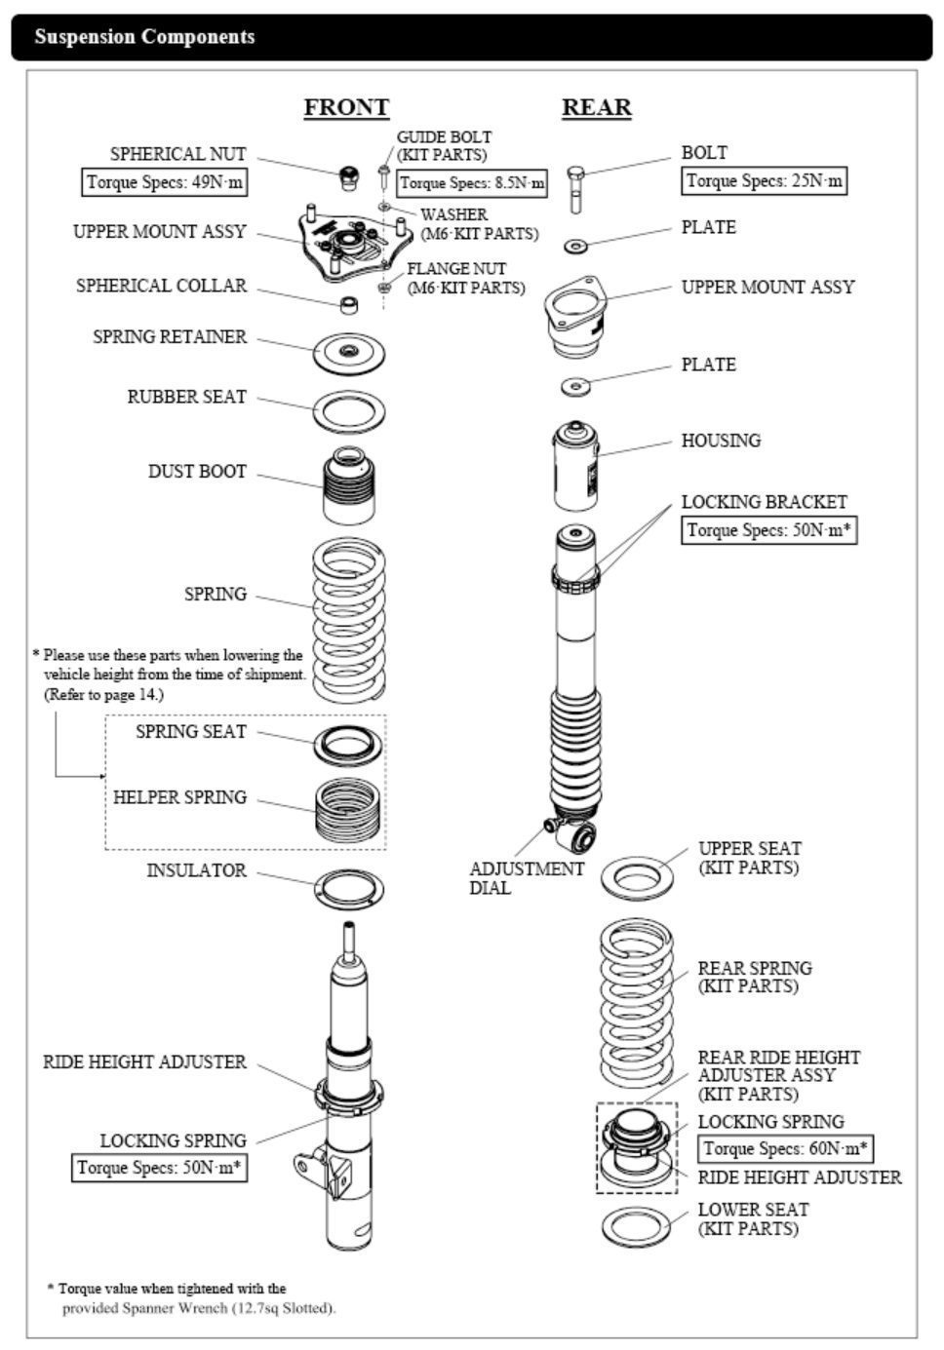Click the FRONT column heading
coord(346,107)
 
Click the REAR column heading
coord(596,107)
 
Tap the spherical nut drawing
coord(346,177)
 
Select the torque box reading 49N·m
coord(164,182)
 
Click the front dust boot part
coord(349,484)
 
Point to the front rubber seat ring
coord(348,411)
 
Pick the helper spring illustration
coord(348,809)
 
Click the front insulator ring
coord(348,888)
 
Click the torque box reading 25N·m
coord(764,180)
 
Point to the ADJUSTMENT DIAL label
coord(526,877)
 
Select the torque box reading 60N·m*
coord(787,1148)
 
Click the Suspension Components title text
coord(144,37)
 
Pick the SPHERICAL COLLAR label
coord(161,286)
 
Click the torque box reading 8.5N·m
coord(472,182)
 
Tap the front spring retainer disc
coord(348,352)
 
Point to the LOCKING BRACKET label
coord(764,502)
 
